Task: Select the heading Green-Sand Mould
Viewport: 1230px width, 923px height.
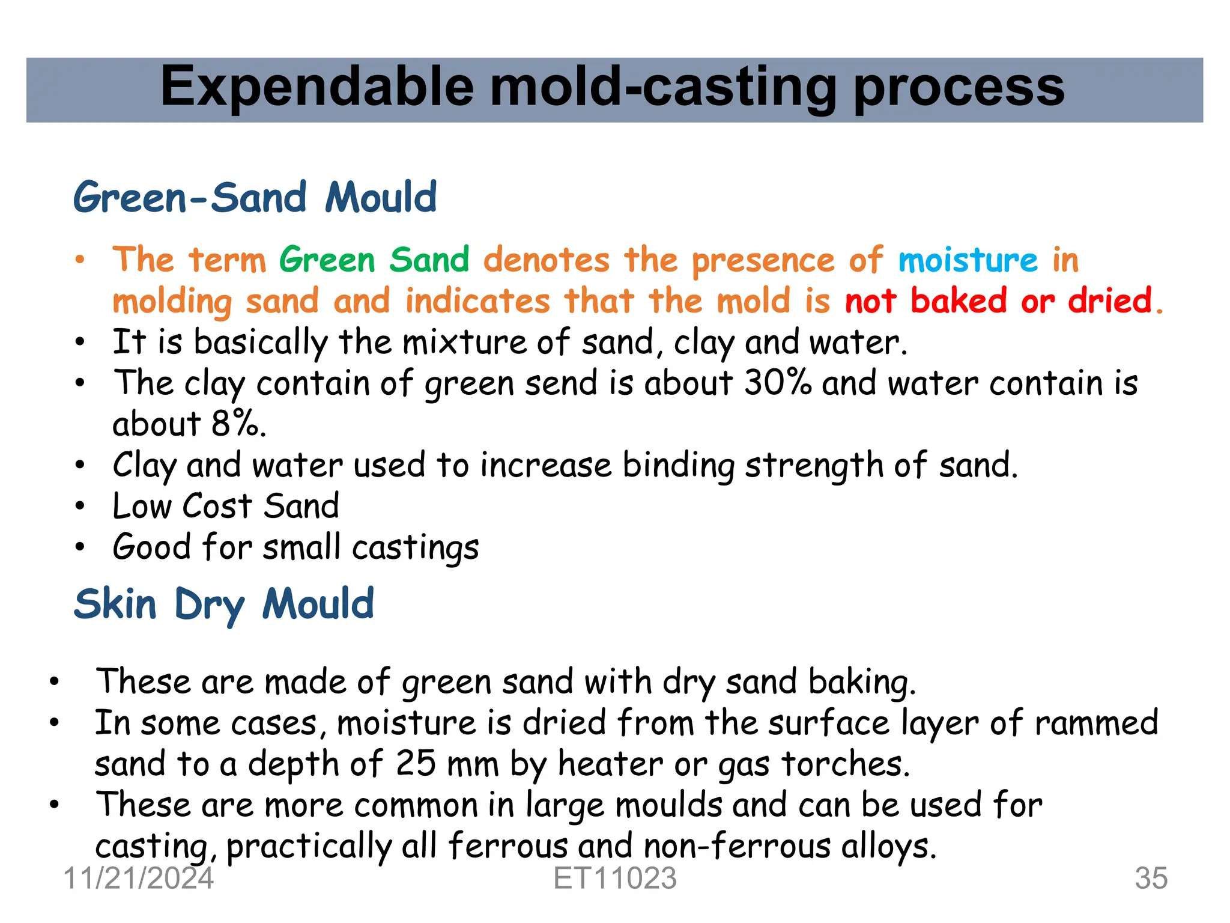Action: point(255,198)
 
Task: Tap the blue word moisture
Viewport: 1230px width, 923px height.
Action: point(968,260)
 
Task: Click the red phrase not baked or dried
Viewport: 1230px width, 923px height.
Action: point(1003,300)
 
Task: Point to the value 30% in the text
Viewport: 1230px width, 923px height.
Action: point(778,382)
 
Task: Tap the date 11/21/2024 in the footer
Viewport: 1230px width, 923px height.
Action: point(139,878)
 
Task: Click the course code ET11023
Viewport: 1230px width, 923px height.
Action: point(615,878)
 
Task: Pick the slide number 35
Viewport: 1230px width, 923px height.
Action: point(1151,878)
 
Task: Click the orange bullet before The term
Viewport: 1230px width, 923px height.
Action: point(80,260)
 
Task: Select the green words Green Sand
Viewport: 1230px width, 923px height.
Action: point(374,260)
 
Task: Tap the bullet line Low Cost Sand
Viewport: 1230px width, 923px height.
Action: point(226,505)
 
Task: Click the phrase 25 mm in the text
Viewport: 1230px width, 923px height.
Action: point(447,764)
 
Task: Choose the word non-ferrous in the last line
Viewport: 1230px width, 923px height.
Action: point(736,846)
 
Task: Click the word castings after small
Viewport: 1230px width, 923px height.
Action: point(415,547)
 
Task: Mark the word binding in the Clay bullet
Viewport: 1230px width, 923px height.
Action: point(678,466)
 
